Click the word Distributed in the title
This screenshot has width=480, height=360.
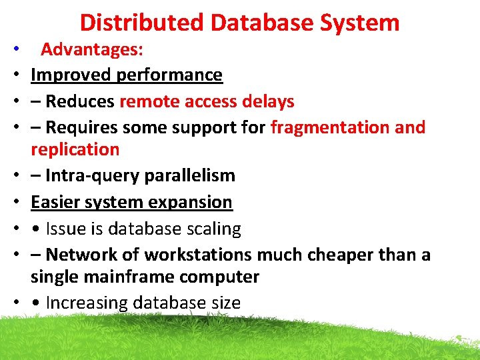142,23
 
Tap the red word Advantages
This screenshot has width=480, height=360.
93,49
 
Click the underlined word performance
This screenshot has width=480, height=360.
169,75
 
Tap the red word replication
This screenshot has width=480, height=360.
75,149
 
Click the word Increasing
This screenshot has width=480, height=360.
87,303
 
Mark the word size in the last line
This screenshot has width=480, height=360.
224,303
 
